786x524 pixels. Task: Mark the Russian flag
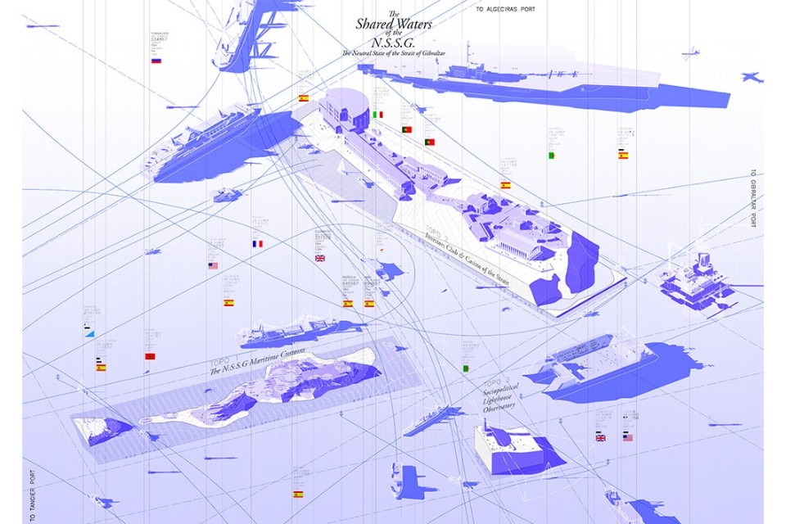[156, 61]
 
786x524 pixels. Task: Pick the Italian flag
[378, 115]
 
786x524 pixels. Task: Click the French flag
[257, 244]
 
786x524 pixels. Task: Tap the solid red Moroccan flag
[150, 356]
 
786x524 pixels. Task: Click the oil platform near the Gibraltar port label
[694, 282]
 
